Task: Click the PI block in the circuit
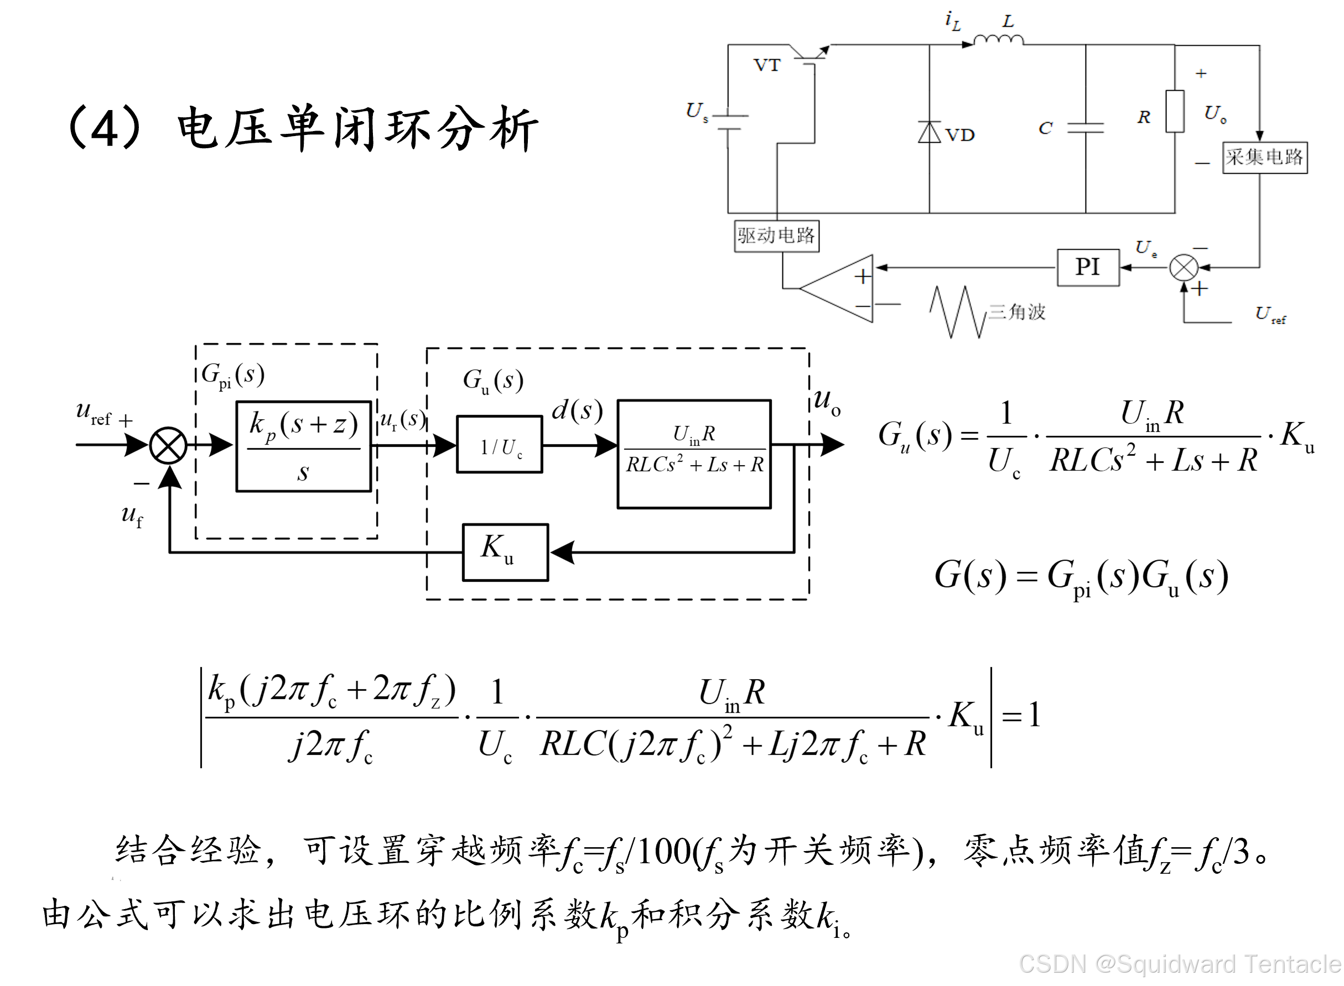[x=1087, y=268]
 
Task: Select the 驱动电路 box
[x=776, y=236]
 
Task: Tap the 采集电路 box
[x=1264, y=158]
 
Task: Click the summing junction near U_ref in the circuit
[x=1183, y=268]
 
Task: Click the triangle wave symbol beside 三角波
[x=957, y=312]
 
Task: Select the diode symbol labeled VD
[x=929, y=132]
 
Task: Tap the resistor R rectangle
[x=1175, y=112]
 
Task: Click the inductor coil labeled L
[x=998, y=40]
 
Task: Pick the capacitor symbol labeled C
[x=1085, y=127]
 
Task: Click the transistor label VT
[x=767, y=65]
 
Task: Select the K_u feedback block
[x=505, y=552]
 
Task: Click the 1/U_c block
[x=499, y=445]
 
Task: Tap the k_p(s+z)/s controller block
[x=303, y=446]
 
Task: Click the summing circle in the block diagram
[x=168, y=445]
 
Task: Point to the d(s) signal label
[x=577, y=411]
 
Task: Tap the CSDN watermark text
[x=1180, y=964]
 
